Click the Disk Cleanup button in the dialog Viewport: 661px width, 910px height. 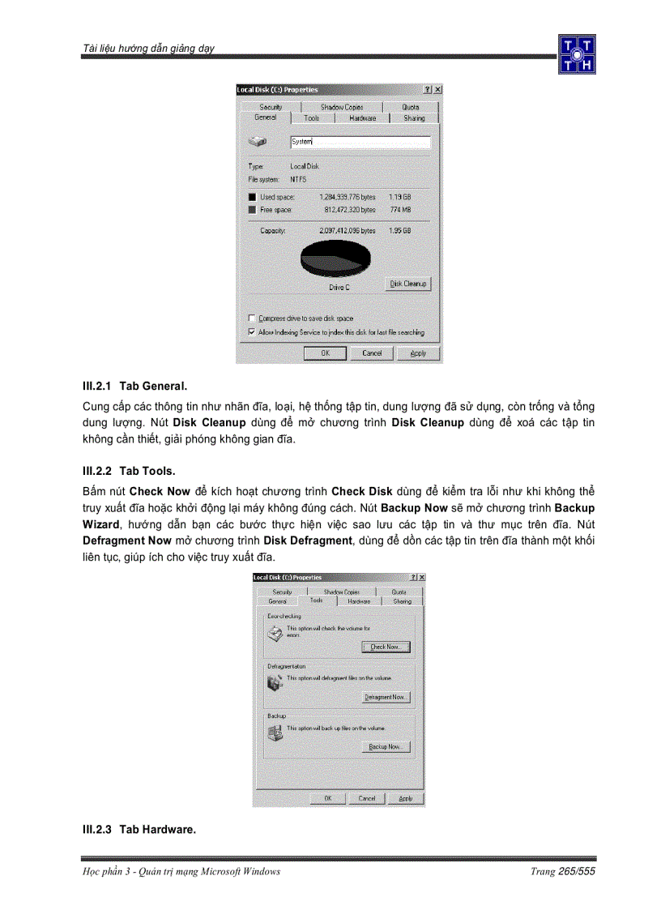(x=407, y=284)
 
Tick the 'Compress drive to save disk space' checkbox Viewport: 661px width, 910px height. (x=252, y=318)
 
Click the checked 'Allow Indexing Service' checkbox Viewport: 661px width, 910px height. (x=252, y=332)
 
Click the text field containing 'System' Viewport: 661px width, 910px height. (x=360, y=142)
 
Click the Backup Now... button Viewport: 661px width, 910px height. (x=385, y=746)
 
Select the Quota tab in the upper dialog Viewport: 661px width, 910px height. (x=411, y=107)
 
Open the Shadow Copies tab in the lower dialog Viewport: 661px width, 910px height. (x=341, y=592)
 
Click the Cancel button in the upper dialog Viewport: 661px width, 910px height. (x=372, y=353)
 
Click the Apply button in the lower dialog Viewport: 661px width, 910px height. (x=405, y=798)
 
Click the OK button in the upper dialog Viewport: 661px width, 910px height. (x=325, y=353)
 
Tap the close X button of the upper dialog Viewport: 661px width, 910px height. (x=437, y=90)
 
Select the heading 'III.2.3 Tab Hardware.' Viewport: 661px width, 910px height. (x=139, y=830)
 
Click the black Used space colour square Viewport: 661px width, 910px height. (x=252, y=197)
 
